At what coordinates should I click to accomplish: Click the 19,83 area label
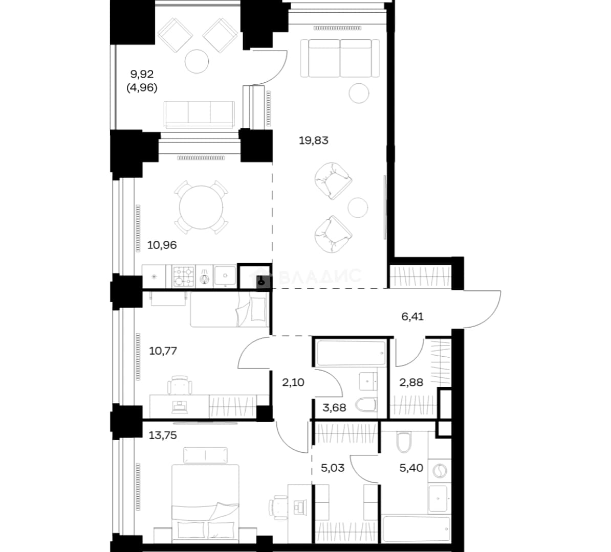[x=313, y=141]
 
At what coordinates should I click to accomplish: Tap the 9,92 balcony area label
[x=142, y=74]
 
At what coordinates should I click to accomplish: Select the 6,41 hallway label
[x=412, y=316]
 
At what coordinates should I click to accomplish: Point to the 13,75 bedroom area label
[x=163, y=435]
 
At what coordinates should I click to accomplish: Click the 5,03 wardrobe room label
[x=333, y=468]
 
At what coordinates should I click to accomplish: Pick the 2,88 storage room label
[x=411, y=382]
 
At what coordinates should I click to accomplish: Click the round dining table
[x=201, y=208]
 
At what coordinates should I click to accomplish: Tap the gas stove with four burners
[x=183, y=277]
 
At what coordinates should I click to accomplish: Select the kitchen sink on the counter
[x=225, y=276]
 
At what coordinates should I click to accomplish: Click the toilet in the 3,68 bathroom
[x=367, y=405]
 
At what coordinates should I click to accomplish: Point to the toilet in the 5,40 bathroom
[x=404, y=442]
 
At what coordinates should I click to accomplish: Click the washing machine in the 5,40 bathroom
[x=440, y=471]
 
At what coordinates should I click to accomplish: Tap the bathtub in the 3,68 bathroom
[x=351, y=353]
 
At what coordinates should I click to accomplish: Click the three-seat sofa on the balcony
[x=199, y=114]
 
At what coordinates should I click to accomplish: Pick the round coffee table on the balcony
[x=197, y=61]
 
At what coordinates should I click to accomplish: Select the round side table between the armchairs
[x=358, y=207]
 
